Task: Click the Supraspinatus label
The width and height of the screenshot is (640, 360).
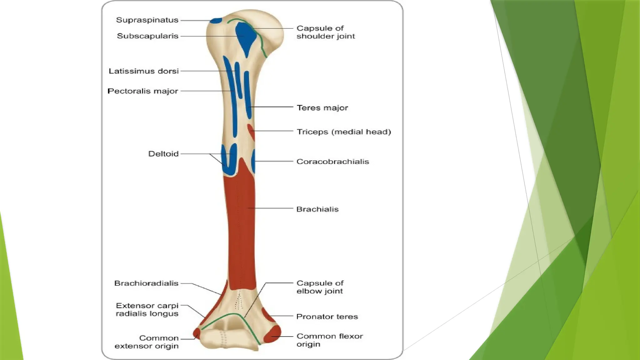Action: (x=147, y=20)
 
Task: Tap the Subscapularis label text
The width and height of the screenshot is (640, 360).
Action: (x=147, y=36)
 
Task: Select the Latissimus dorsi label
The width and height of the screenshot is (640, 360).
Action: (x=144, y=71)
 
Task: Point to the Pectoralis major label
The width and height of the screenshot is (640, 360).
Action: (x=143, y=91)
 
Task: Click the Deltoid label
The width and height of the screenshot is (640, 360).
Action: (x=163, y=154)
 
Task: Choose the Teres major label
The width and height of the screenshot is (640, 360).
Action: (x=322, y=108)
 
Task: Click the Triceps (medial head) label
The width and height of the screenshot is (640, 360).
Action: (x=344, y=132)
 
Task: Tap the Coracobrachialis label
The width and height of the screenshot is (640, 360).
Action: (x=333, y=162)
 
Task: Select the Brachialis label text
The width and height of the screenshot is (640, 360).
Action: (x=317, y=209)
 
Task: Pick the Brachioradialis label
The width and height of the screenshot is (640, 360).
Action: (x=146, y=283)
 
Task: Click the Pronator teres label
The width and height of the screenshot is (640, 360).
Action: (x=327, y=317)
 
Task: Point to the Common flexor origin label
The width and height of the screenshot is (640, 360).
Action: (x=330, y=340)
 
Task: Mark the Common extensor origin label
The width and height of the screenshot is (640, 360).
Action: (x=147, y=342)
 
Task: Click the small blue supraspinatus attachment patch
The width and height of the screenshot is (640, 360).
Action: (x=216, y=21)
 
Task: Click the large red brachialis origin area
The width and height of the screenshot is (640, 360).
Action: (x=241, y=225)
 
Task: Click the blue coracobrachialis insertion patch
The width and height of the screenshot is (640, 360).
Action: (x=253, y=161)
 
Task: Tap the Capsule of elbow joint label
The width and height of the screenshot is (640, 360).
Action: (x=320, y=287)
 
